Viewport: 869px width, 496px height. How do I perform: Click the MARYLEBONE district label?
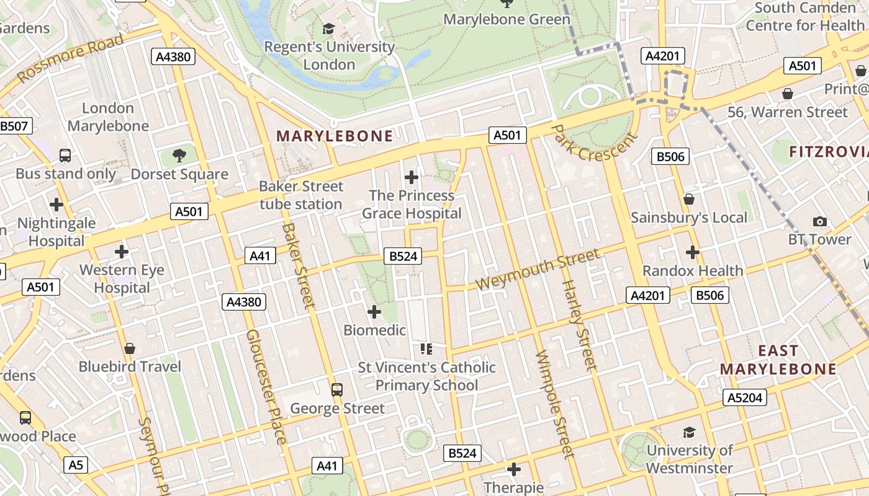point(335,136)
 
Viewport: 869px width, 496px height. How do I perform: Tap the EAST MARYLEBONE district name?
point(778,360)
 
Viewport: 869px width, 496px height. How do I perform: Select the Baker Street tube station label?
point(301,195)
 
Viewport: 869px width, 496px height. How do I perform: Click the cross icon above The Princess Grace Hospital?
point(412,178)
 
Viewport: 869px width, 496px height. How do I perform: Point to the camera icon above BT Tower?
point(819,221)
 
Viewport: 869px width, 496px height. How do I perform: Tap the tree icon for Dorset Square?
point(180,156)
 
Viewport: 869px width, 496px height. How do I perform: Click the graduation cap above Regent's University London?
point(328,29)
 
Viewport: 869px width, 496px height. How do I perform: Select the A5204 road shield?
point(745,397)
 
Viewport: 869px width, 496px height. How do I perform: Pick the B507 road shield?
point(14,126)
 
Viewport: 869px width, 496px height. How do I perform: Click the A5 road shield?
point(75,464)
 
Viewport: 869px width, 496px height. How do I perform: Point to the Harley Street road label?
point(579,325)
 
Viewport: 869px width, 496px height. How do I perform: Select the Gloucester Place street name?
point(266,386)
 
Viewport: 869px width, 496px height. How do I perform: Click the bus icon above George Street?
point(337,390)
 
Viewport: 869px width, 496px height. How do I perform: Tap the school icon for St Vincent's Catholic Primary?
point(426,349)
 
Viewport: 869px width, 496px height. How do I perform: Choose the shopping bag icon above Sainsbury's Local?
point(689,199)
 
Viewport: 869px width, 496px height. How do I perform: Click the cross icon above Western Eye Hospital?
point(122,252)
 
